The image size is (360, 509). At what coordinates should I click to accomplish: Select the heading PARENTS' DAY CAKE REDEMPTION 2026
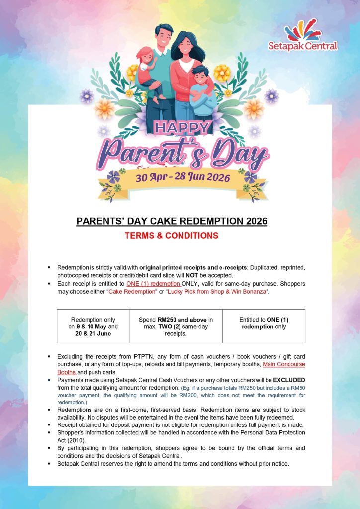point(172,221)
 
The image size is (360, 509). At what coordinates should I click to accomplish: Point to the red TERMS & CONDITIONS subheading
point(172,235)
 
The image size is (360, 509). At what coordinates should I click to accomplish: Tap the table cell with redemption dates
point(93,326)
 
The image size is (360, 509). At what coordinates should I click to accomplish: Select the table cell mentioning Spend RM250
point(176,326)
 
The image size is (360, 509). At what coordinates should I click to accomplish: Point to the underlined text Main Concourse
point(284,364)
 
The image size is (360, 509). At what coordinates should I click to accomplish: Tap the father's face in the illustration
point(163,36)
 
